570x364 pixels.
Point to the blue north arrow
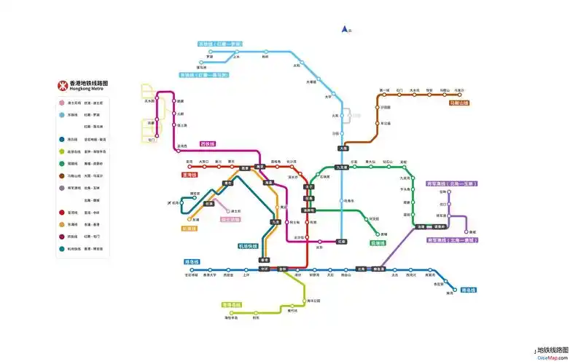pyautogui.click(x=345, y=30)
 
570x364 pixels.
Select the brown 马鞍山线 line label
pyautogui.click(x=459, y=103)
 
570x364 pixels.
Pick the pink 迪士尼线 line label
pyautogui.click(x=230, y=218)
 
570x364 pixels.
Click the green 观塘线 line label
pyautogui.click(x=378, y=242)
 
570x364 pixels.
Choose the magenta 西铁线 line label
pyautogui.click(x=208, y=144)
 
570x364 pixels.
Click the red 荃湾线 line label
pyautogui.click(x=190, y=175)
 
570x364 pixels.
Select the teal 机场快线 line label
pyautogui.click(x=248, y=246)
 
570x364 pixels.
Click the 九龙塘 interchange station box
pyautogui.click(x=342, y=167)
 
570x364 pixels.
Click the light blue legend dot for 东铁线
pyautogui.click(x=60, y=114)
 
